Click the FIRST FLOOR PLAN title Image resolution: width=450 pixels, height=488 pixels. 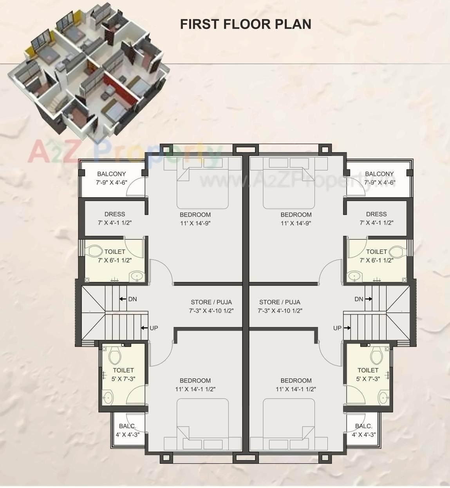[246, 24]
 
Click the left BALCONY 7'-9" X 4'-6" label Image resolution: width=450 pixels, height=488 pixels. [112, 178]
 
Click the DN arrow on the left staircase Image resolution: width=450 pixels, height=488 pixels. [123, 299]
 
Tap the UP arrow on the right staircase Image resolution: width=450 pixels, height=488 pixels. [347, 328]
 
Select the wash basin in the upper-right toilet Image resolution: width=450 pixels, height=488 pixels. [354, 277]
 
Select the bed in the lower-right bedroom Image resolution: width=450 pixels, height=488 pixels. [289, 423]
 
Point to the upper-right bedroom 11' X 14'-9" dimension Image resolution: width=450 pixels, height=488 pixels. [296, 223]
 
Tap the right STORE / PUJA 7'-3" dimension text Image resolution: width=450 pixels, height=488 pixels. [280, 311]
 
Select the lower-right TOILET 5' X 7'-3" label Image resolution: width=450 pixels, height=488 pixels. [368, 374]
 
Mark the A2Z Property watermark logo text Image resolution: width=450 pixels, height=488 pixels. [125, 153]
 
